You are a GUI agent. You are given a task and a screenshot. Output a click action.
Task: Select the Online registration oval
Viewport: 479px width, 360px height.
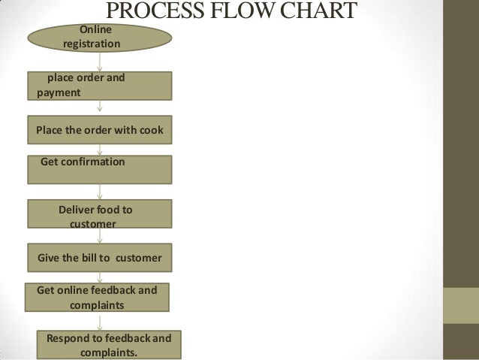(100, 38)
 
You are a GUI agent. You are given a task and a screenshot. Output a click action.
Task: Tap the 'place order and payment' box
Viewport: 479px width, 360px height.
(100, 86)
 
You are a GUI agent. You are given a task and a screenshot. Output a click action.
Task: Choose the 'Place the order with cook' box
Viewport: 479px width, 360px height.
(100, 129)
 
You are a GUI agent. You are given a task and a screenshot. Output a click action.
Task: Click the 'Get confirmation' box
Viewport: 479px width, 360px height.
(100, 169)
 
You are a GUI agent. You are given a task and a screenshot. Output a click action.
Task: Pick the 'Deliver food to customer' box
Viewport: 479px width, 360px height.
(100, 213)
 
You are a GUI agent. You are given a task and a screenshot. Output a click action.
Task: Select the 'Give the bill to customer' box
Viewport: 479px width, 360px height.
(100, 258)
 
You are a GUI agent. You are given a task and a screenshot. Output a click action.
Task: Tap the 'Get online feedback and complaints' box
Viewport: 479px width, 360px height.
(97, 297)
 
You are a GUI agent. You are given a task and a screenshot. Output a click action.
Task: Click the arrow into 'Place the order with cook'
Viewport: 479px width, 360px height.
(100, 108)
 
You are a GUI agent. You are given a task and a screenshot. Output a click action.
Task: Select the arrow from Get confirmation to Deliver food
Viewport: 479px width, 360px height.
(100, 192)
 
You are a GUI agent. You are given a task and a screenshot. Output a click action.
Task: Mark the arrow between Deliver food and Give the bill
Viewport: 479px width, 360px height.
(100, 236)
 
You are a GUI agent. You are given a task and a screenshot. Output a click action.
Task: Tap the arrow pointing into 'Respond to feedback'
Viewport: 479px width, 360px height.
(100, 320)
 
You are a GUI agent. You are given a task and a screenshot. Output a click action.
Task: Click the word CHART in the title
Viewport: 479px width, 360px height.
(321, 13)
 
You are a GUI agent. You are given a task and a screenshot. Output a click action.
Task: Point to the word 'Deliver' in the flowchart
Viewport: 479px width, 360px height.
(80, 209)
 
